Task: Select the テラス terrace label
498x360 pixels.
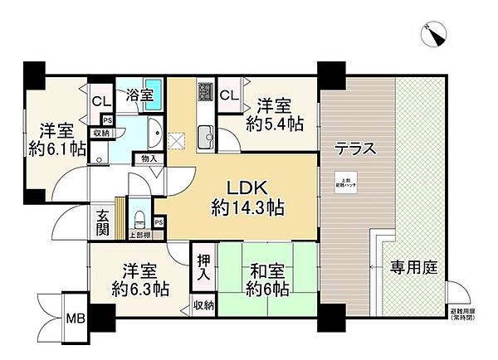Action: coord(354,149)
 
